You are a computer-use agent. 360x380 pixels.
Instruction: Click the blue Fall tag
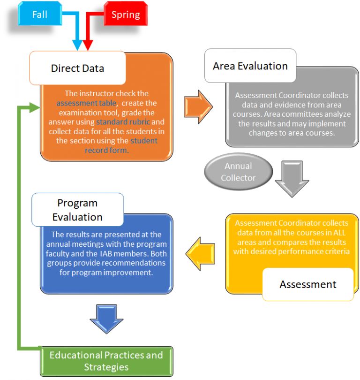[x=39, y=15]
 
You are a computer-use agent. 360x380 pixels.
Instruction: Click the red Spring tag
[x=125, y=15]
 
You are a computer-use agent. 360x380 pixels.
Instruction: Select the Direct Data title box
[x=77, y=68]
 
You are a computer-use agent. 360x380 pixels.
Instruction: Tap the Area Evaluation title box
[x=250, y=66]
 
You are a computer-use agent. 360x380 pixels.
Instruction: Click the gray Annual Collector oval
[x=238, y=172]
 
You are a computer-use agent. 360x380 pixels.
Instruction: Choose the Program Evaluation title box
[x=77, y=210]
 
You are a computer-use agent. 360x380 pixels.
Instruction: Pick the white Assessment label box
[x=307, y=284]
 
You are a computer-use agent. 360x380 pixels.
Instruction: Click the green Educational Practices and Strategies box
[x=106, y=361]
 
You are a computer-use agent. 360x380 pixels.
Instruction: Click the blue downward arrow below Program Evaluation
[x=106, y=319]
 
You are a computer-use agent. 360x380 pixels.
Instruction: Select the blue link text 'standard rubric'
[x=123, y=122]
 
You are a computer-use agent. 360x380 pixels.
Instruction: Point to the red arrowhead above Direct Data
[x=88, y=45]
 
